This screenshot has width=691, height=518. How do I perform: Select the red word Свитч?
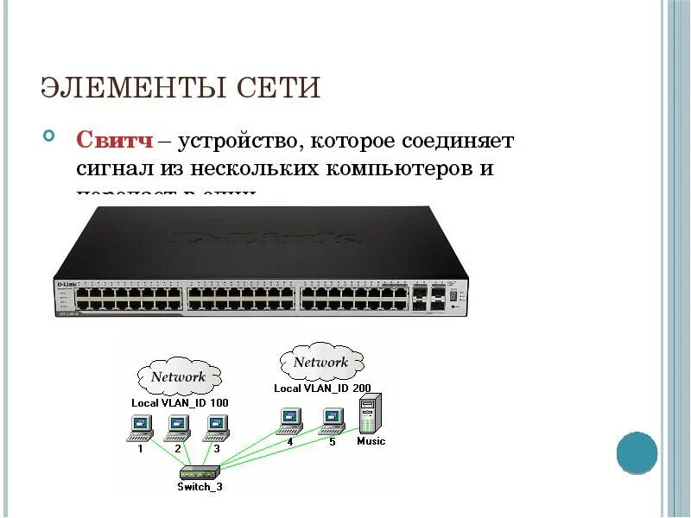pyautogui.click(x=116, y=140)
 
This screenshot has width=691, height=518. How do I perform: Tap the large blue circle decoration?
pyautogui.click(x=637, y=452)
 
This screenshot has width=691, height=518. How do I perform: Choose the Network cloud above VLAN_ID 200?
pyautogui.click(x=320, y=362)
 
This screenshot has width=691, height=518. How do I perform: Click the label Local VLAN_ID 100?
pyautogui.click(x=180, y=402)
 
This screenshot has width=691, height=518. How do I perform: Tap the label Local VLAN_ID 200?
pyautogui.click(x=322, y=388)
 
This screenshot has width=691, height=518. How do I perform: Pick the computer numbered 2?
pyautogui.click(x=178, y=425)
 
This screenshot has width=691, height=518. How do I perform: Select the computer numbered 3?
pyautogui.click(x=216, y=425)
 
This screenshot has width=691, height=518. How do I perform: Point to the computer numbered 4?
pyautogui.click(x=289, y=419)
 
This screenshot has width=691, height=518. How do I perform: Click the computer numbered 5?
pyautogui.click(x=332, y=419)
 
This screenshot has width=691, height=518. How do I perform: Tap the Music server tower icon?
pyautogui.click(x=370, y=414)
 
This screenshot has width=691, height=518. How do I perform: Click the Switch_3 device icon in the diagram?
pyautogui.click(x=200, y=472)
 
